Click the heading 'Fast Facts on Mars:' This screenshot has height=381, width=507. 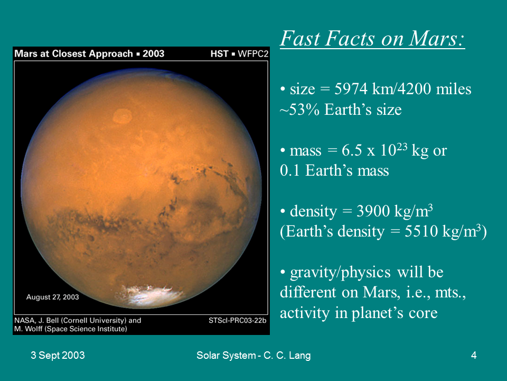(x=372, y=38)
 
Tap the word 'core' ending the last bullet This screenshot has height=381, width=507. (x=423, y=313)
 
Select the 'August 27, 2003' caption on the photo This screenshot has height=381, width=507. (x=52, y=297)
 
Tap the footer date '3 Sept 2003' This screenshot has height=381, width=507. (x=58, y=356)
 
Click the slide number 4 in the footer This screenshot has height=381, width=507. (x=474, y=356)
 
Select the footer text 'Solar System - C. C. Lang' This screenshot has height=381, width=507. (x=253, y=356)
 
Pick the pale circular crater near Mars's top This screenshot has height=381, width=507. (x=124, y=115)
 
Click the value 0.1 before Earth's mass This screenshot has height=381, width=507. (x=289, y=171)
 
